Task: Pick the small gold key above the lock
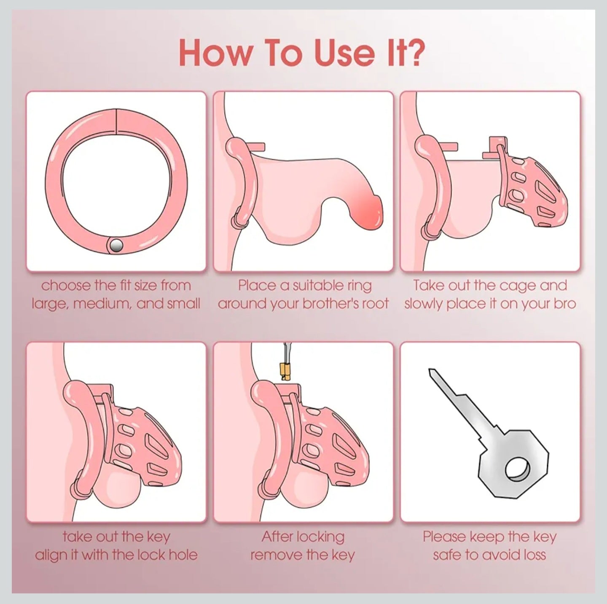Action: (285, 371)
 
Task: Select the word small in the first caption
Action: (184, 303)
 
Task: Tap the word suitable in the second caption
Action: (315, 286)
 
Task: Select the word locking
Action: (320, 537)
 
